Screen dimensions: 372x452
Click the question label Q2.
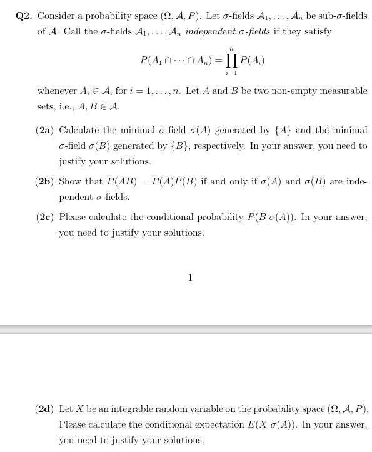pyautogui.click(x=25, y=16)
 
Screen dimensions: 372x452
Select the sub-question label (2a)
pyautogui.click(x=45, y=131)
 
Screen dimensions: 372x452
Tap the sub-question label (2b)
pyautogui.click(x=45, y=182)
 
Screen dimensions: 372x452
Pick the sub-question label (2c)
pyautogui.click(x=45, y=218)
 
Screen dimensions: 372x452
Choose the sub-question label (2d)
pyautogui.click(x=45, y=409)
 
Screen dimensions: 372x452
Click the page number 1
pyautogui.click(x=190, y=278)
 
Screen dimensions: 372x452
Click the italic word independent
pyautogui.click(x=211, y=31)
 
